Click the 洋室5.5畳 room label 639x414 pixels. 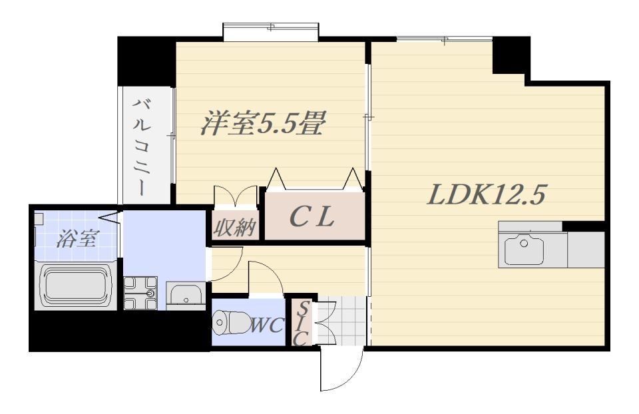[x=262, y=123]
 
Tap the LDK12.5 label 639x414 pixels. [x=486, y=195]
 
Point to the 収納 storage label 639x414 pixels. [x=235, y=227]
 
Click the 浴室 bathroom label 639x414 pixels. [x=77, y=239]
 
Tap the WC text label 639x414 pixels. [x=267, y=325]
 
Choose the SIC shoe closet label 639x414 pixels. [x=301, y=324]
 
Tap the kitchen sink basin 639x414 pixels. [x=524, y=250]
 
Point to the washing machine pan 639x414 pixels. [x=140, y=293]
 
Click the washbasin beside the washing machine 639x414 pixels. [x=186, y=295]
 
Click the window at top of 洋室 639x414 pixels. [x=271, y=32]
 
